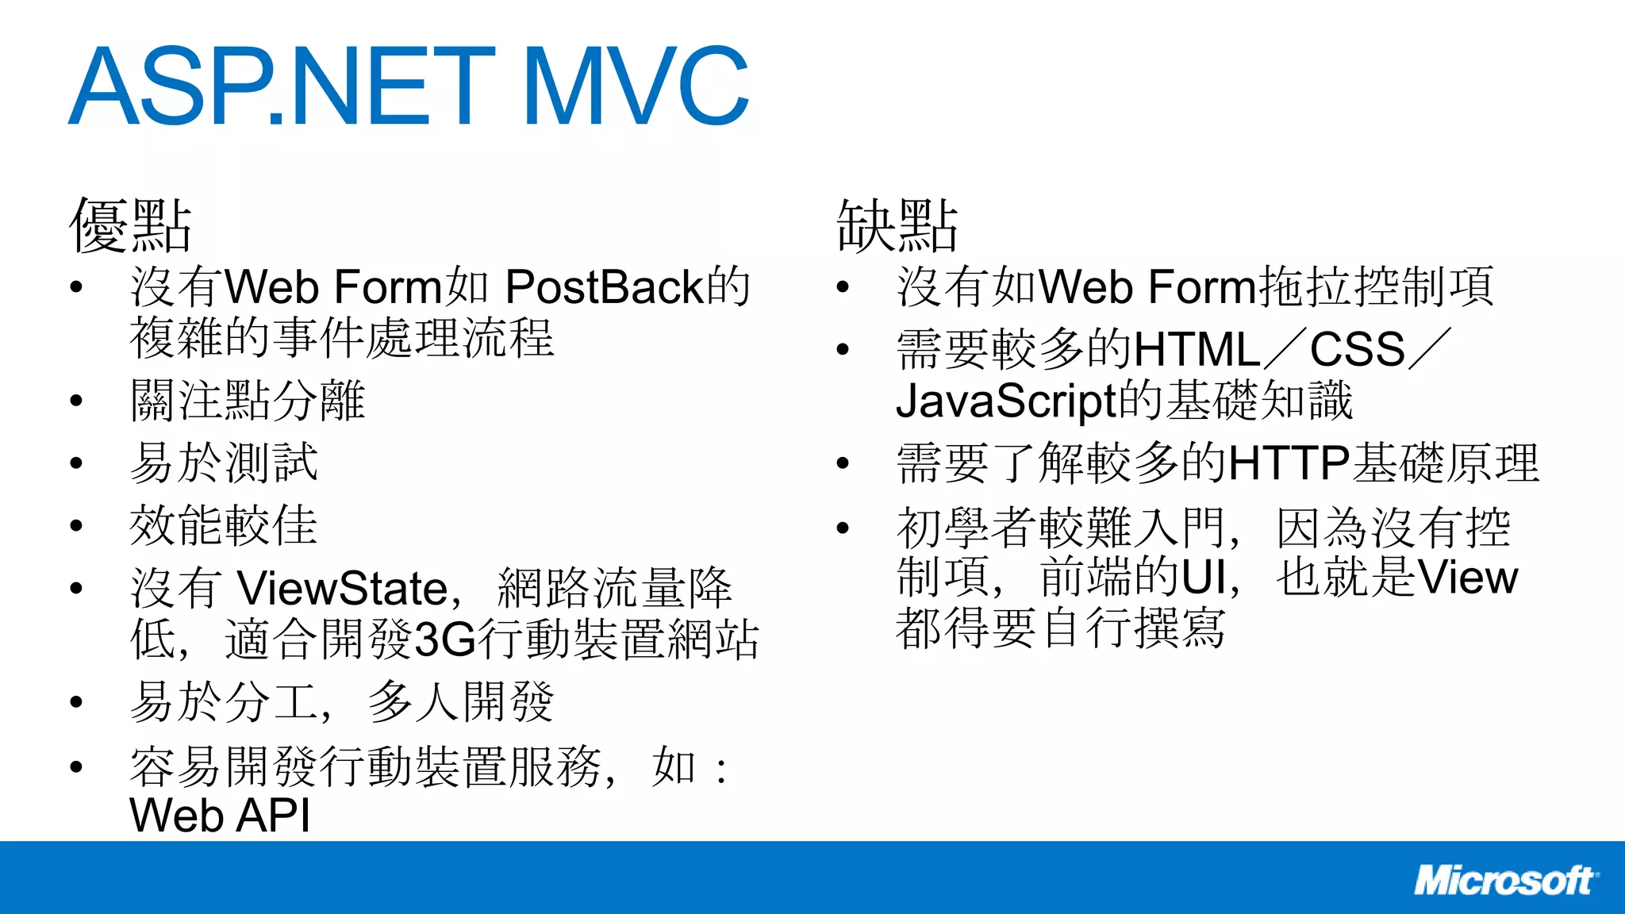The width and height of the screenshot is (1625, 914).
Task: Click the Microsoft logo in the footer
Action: tap(1504, 881)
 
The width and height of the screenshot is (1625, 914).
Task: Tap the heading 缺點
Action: tap(897, 226)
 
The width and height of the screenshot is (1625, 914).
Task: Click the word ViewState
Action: tap(343, 589)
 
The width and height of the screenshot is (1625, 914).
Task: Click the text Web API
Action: tap(220, 816)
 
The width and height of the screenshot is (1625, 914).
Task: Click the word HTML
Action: tap(1197, 350)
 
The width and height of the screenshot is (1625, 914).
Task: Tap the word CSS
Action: tap(1358, 350)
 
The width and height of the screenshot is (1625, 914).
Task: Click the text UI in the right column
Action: tap(1204, 578)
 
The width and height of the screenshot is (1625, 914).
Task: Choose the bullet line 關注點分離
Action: tap(248, 400)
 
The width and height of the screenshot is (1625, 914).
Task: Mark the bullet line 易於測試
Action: tap(224, 463)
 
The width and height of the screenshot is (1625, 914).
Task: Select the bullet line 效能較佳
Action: tap(224, 525)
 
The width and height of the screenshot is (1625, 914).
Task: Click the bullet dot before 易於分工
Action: tap(76, 702)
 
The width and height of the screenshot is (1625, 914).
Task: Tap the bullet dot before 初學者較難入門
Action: tap(843, 528)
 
